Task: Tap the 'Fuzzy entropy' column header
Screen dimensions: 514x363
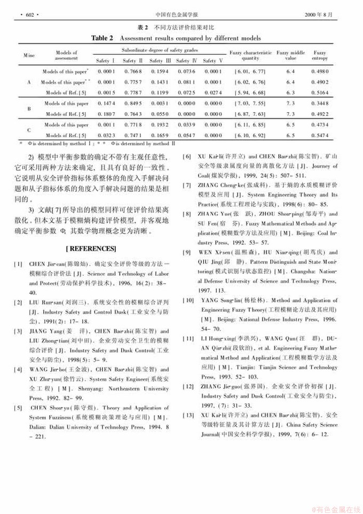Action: (x=320, y=55)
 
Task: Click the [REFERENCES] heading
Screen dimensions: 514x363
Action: (x=91, y=249)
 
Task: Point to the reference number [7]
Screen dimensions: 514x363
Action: (x=187, y=185)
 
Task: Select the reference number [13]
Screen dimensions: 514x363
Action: (x=188, y=415)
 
